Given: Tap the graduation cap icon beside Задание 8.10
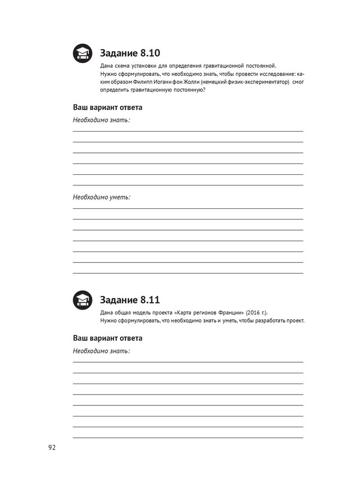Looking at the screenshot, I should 82,53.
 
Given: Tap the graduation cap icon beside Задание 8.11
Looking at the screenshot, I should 82,300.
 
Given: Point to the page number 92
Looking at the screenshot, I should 52,447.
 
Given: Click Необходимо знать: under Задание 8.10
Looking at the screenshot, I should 101,119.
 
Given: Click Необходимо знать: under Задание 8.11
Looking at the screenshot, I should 101,350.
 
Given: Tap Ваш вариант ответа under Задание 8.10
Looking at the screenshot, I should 108,107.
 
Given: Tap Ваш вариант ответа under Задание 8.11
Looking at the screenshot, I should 108,338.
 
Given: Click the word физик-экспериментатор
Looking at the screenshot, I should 257,83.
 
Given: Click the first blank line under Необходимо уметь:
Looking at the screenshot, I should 188,208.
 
